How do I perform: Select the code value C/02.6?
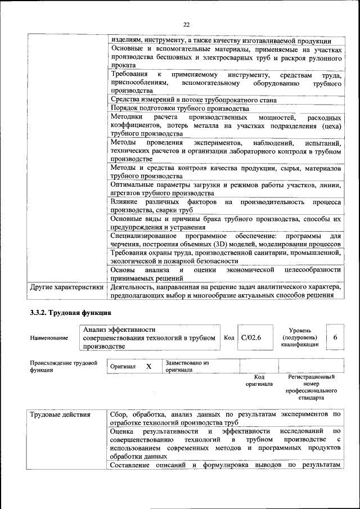pyautogui.click(x=248, y=337)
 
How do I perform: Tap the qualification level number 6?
pyautogui.click(x=335, y=337)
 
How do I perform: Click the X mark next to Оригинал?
pyautogui.click(x=148, y=366)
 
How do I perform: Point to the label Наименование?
pyautogui.click(x=49, y=338)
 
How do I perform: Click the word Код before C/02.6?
pyautogui.click(x=229, y=337)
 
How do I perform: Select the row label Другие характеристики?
pyautogui.click(x=67, y=287)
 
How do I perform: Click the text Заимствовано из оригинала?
pyautogui.click(x=187, y=367)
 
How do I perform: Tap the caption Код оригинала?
pyautogui.click(x=259, y=380)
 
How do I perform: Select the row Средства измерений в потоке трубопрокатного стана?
pyautogui.click(x=201, y=100)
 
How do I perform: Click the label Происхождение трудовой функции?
pyautogui.click(x=64, y=367)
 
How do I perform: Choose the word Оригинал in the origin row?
pyautogui.click(x=123, y=367)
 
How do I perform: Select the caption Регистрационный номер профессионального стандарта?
pyautogui.click(x=311, y=387)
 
